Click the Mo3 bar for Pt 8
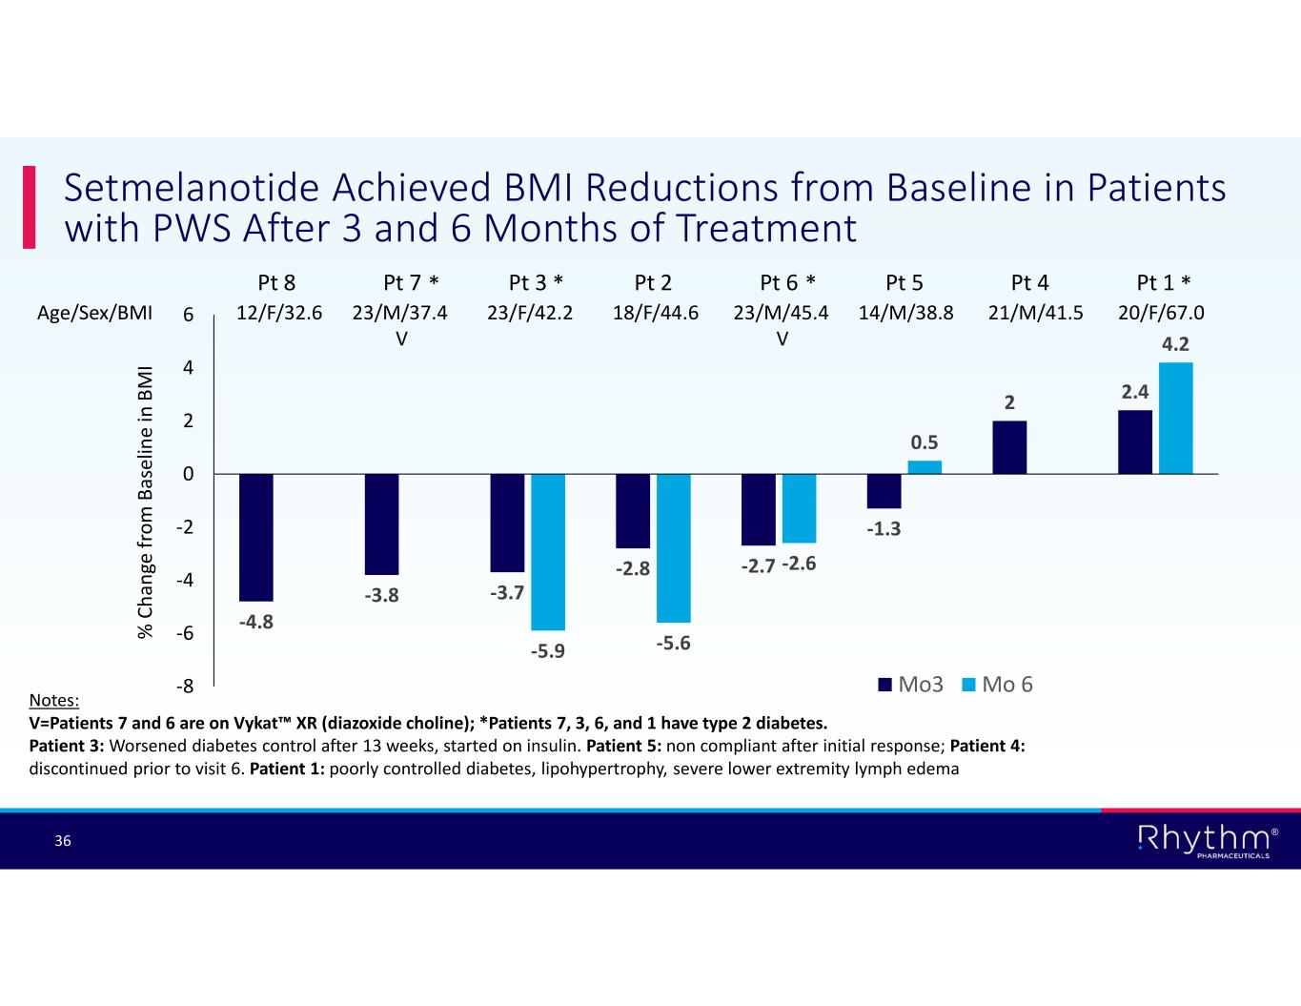pyautogui.click(x=256, y=537)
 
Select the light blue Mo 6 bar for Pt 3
pyautogui.click(x=548, y=551)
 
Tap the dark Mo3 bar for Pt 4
pyautogui.click(x=1009, y=447)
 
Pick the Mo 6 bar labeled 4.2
pyautogui.click(x=1176, y=418)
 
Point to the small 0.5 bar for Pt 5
pyautogui.click(x=925, y=467)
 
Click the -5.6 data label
pyautogui.click(x=673, y=644)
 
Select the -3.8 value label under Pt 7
pyautogui.click(x=381, y=596)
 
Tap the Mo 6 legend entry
pyautogui.click(x=998, y=685)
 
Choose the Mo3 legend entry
pyautogui.click(x=910, y=685)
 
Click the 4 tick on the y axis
pyautogui.click(x=189, y=367)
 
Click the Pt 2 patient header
pyautogui.click(x=653, y=282)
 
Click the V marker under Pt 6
pyautogui.click(x=782, y=338)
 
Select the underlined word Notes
pyautogui.click(x=54, y=701)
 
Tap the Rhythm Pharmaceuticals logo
pyautogui.click(x=1208, y=840)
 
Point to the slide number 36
pyautogui.click(x=63, y=841)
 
